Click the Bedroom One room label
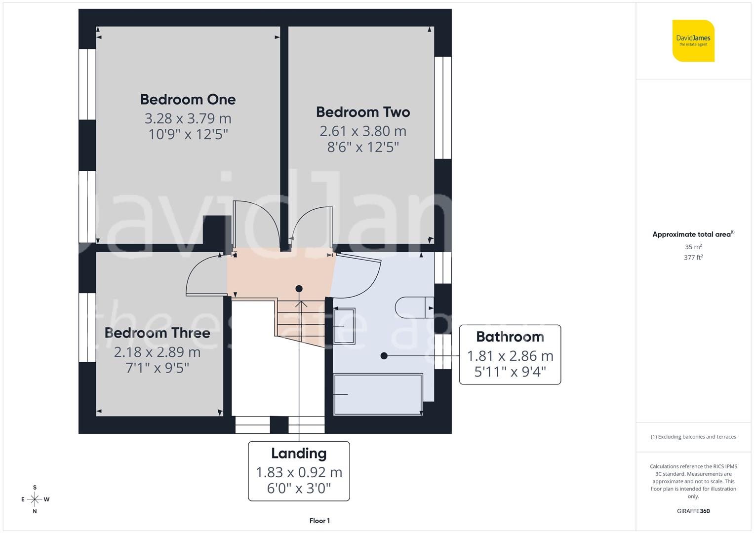[188, 99]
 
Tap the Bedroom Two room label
[363, 112]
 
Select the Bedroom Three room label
[157, 333]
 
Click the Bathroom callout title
[510, 337]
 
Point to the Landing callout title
[299, 454]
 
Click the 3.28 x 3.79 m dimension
[188, 118]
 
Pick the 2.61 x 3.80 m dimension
[363, 131]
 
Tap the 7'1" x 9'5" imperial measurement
[157, 368]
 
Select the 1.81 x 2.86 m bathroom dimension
[510, 356]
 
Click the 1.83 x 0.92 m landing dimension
[299, 472]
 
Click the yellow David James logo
[693, 41]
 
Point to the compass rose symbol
[35, 499]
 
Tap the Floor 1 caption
[319, 521]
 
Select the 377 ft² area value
[693, 258]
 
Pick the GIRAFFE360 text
[693, 511]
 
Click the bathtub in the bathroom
[378, 394]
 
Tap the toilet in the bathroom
[414, 307]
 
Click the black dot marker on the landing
[299, 289]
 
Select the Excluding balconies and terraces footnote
[693, 437]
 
